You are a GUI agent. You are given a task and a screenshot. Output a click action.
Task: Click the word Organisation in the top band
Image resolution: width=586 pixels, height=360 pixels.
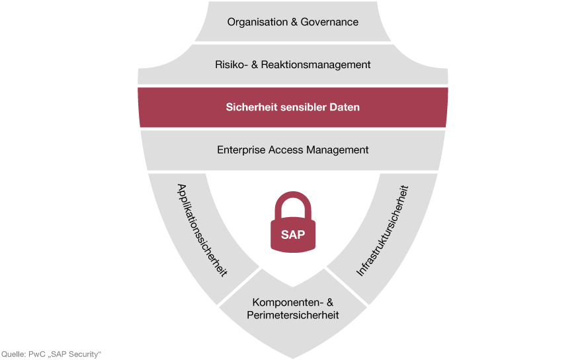(x=257, y=22)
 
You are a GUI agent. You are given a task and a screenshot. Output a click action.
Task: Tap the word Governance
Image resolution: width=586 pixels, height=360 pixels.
(x=329, y=22)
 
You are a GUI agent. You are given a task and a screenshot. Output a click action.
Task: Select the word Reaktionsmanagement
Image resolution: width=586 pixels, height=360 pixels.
(x=315, y=65)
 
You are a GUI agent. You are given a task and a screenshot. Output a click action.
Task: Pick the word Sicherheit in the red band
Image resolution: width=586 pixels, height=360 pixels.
(x=251, y=107)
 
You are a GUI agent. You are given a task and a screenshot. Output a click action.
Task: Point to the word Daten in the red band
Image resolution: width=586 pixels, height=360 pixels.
(x=344, y=107)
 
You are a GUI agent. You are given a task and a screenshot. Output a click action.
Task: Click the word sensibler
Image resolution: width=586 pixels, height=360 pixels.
(x=303, y=107)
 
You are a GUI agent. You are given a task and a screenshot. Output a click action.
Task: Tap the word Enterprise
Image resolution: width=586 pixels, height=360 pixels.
(x=241, y=150)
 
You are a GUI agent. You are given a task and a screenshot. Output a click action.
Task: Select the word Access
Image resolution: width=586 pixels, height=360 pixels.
(x=286, y=150)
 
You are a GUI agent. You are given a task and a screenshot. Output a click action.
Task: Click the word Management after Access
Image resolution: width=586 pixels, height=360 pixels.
(x=337, y=150)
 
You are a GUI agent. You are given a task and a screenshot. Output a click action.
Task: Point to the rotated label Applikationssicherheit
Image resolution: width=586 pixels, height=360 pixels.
(x=202, y=230)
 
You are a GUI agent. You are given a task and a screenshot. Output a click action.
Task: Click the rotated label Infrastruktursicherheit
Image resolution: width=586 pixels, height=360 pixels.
(x=382, y=231)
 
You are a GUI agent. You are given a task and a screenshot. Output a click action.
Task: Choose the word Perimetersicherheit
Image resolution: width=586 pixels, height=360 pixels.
(x=292, y=315)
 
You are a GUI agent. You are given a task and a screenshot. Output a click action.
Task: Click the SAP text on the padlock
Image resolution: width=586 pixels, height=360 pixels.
(x=292, y=235)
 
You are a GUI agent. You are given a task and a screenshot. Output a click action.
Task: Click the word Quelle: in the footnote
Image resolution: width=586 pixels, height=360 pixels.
(x=13, y=355)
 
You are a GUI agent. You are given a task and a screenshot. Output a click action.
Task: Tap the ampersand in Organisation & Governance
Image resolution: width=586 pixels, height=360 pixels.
(x=294, y=22)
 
